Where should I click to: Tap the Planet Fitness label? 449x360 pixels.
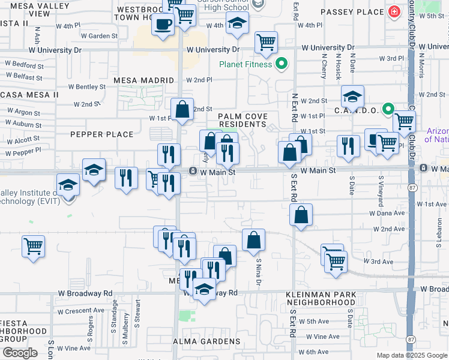pos(246,64)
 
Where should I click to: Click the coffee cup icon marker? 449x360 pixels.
pos(163,25)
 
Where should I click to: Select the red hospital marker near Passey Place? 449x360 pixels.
pos(394,12)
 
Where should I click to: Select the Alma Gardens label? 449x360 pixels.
pos(206,341)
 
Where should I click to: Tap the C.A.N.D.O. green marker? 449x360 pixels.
pos(388,110)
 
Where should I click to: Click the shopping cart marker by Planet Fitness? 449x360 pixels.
pos(265,42)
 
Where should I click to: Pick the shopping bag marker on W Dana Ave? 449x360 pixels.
pos(300,215)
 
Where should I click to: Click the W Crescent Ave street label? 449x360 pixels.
pos(85,311)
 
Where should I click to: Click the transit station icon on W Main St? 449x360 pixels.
pos(193,171)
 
